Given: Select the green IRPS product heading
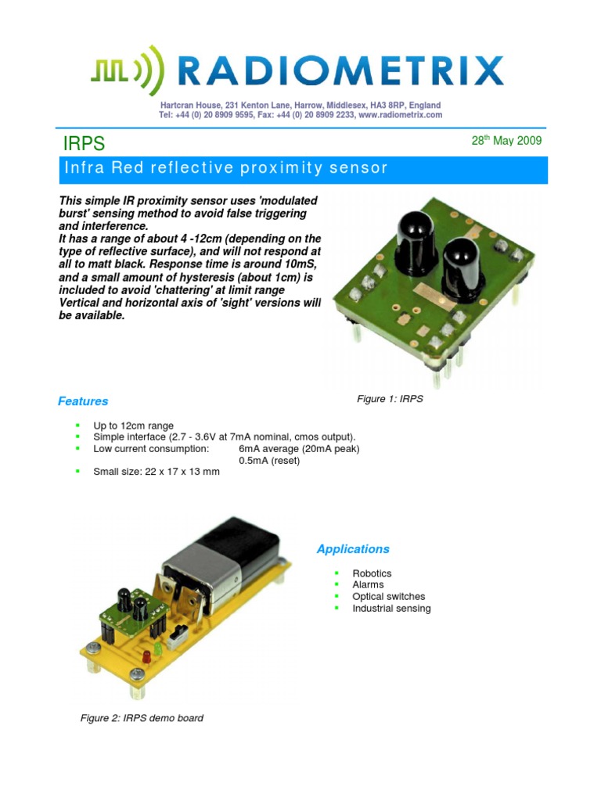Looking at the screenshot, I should pos(83,144).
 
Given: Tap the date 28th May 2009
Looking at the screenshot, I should pos(506,142).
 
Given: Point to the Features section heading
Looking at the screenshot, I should pos(83,401).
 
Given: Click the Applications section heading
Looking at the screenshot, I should pos(353,549).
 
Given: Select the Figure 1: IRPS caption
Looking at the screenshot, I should pos(390,399).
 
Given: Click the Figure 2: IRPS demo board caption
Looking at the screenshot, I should pos(142,718).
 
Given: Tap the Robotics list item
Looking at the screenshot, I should pos(372,573).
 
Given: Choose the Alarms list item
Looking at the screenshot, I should pos(368,585).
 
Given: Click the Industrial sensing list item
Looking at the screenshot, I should pos(391,609).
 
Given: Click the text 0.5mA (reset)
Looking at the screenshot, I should pos(269,461).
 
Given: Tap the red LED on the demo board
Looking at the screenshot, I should pos(146,654).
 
